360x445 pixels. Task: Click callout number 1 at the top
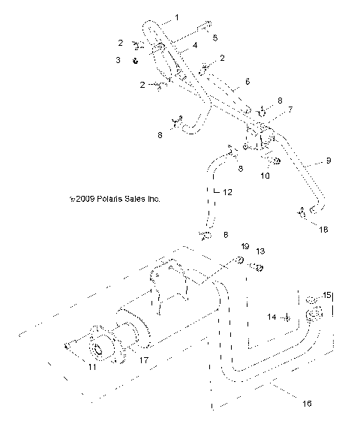(177, 16)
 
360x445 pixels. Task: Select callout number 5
(215, 37)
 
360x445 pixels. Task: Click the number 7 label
(270, 109)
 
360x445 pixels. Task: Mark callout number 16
(305, 403)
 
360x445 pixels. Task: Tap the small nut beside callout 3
(135, 60)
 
